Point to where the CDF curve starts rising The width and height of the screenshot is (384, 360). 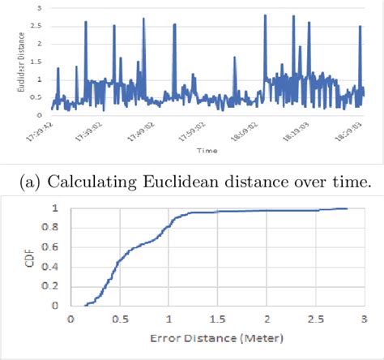click(x=84, y=305)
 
